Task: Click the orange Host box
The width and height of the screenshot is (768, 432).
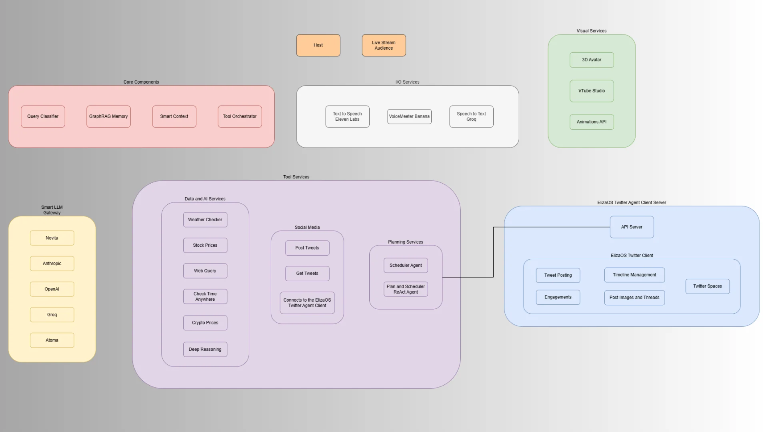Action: click(318, 45)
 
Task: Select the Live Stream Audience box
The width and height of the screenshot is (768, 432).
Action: click(384, 45)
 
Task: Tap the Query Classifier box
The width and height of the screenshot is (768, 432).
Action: click(43, 116)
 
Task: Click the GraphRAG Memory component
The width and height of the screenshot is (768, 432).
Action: click(108, 116)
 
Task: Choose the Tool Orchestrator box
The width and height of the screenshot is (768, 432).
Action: click(240, 116)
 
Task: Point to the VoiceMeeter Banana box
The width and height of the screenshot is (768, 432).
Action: click(409, 116)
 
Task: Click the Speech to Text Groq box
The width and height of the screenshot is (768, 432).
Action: click(471, 116)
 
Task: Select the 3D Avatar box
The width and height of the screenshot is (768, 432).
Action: click(592, 60)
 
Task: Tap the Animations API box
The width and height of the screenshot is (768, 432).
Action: click(592, 122)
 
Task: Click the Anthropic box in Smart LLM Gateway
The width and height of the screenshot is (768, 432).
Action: click(52, 264)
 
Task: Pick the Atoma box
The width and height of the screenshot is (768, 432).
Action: click(52, 340)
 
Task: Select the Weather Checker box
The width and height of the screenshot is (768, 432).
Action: click(205, 220)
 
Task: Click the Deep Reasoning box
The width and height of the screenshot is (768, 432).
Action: click(205, 349)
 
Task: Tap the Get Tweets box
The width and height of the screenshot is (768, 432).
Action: click(307, 274)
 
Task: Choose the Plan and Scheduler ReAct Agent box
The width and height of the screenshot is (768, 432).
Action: click(406, 289)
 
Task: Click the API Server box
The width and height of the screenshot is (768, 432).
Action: click(632, 227)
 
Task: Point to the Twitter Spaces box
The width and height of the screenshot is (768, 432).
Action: click(707, 286)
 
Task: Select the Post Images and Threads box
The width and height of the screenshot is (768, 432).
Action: click(634, 298)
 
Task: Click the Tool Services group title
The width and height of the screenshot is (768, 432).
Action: click(296, 177)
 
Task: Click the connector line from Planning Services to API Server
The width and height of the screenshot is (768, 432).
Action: click(493, 252)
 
